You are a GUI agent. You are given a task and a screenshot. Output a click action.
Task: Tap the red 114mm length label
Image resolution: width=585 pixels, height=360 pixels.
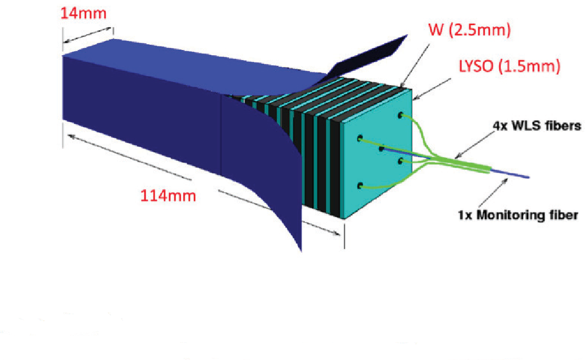(x=168, y=196)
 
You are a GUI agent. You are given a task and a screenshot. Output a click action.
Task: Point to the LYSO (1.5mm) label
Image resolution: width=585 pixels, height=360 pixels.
(x=505, y=67)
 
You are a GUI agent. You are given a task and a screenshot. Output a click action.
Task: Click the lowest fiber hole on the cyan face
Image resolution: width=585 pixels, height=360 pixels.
(x=360, y=185)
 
